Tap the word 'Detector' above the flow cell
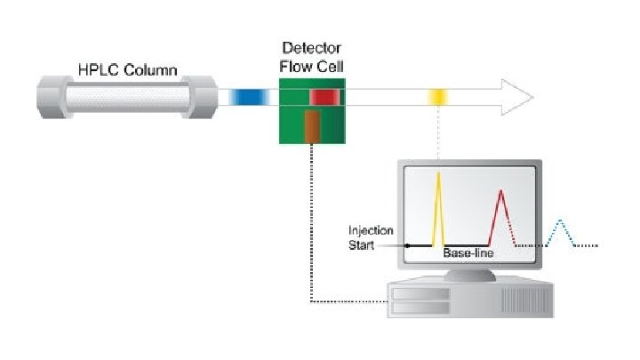click(x=311, y=47)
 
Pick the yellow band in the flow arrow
click(x=437, y=97)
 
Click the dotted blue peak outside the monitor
click(x=561, y=232)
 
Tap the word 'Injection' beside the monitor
click(x=372, y=231)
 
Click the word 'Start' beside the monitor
click(x=362, y=244)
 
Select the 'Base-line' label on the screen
click(x=468, y=253)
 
